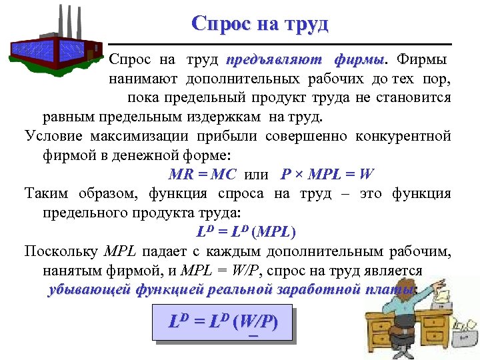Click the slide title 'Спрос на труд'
coord(260,24)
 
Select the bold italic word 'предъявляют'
coord(273,60)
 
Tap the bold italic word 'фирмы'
coord(359,60)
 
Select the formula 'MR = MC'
coord(198,175)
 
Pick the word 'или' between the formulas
coord(257,175)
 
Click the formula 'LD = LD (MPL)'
coord(246,233)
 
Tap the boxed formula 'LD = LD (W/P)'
coord(223,323)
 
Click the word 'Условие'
coord(53,137)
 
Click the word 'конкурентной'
coord(409,137)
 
